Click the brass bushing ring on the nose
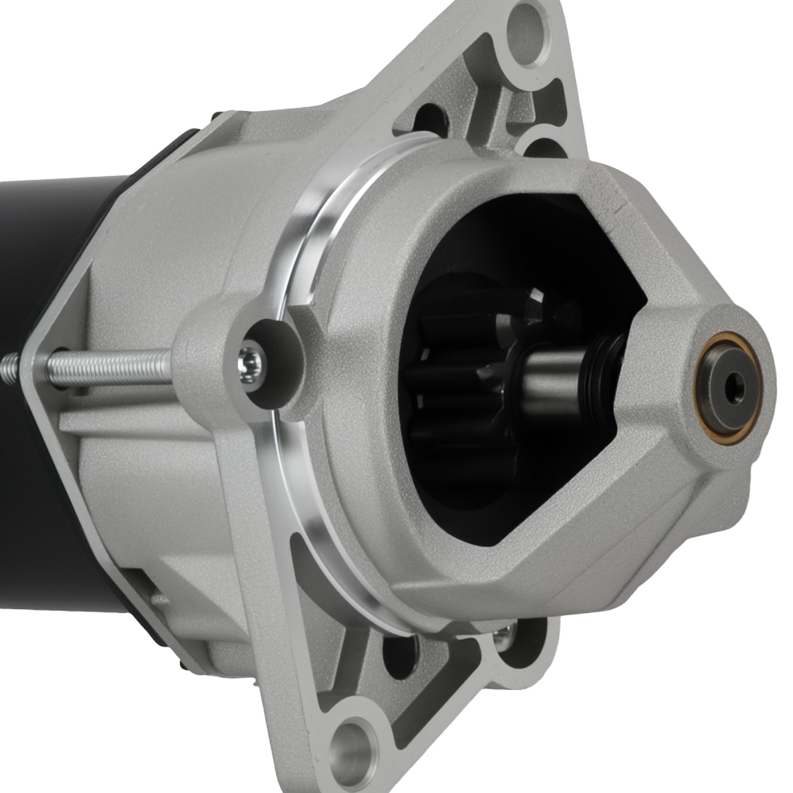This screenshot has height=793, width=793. [724, 387]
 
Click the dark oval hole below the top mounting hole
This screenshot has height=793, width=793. [431, 119]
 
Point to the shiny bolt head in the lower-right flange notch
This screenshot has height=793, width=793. [502, 634]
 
